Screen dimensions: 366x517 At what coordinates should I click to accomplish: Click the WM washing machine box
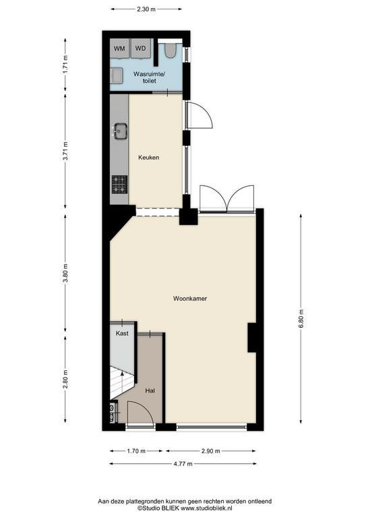119,48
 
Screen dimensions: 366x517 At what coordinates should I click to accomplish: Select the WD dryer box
141,48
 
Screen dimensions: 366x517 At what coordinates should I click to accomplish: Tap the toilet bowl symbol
171,50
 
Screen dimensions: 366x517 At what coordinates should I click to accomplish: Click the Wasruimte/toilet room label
149,77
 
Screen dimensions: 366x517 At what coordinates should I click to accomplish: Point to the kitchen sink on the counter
121,131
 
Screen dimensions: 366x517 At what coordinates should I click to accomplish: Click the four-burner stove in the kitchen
119,184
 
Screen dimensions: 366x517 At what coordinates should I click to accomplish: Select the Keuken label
148,158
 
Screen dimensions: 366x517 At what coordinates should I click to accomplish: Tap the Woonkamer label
190,299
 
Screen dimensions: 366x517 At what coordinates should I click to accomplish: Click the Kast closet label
122,333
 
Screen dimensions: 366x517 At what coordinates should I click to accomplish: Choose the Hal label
150,390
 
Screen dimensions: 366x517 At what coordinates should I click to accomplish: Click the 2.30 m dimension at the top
146,9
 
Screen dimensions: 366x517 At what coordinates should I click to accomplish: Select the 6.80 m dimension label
301,318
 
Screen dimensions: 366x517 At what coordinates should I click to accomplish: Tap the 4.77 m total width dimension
183,464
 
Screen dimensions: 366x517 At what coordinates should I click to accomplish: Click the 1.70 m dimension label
136,451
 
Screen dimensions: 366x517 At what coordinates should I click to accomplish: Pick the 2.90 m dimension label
210,451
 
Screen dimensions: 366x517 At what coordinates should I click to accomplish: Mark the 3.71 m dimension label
65,151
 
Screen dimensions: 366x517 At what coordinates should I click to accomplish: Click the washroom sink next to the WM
116,75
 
